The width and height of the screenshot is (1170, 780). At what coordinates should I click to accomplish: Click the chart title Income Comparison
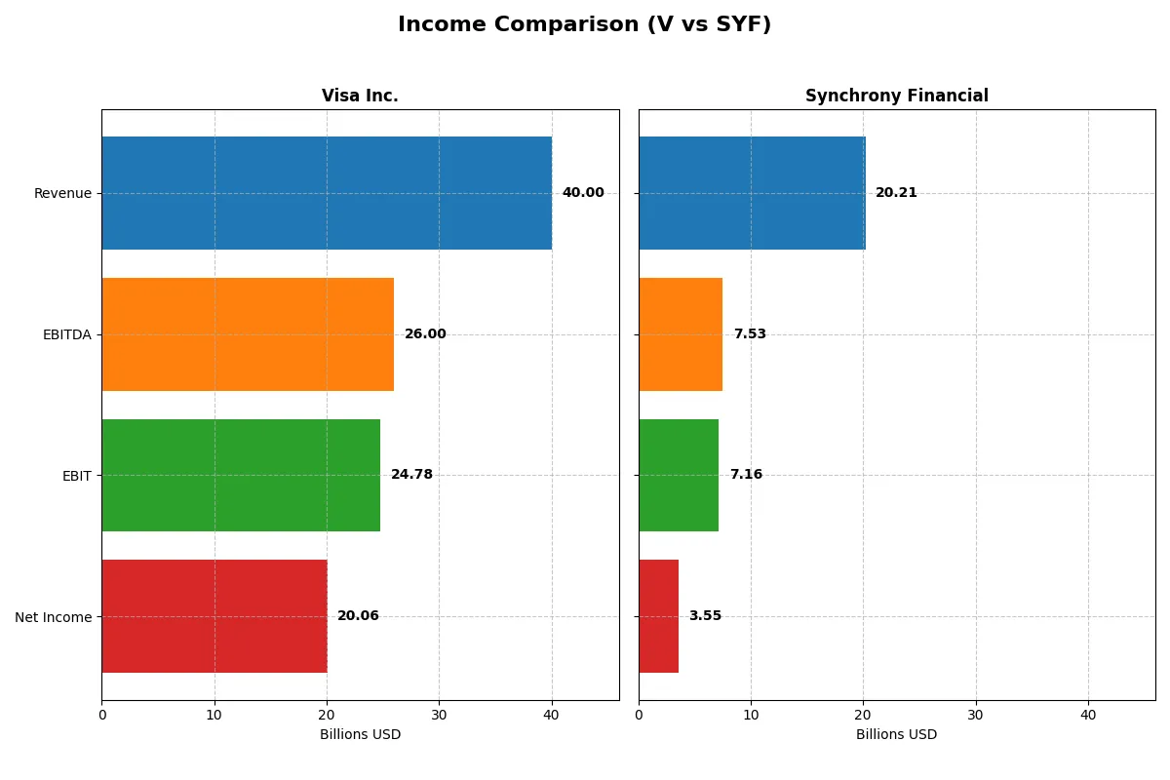584,25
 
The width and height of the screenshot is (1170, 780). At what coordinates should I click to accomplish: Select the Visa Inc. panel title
360,96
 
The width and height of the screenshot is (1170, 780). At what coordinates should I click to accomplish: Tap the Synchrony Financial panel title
896,96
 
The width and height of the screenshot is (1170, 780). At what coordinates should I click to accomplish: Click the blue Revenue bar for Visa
327,193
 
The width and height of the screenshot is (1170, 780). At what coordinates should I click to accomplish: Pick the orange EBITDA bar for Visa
248,334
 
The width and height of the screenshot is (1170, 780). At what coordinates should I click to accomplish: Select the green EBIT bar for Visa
241,475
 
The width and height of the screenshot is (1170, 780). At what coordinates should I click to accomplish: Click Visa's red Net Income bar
214,616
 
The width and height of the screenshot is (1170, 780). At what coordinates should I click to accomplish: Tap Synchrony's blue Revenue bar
752,193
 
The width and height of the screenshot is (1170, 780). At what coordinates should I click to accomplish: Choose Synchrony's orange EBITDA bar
681,334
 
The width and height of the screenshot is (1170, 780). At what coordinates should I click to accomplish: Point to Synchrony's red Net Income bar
659,616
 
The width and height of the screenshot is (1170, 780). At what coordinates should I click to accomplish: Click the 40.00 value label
583,193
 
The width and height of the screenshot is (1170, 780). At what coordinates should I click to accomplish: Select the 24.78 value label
411,475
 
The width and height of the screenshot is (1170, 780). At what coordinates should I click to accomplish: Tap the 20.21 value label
896,193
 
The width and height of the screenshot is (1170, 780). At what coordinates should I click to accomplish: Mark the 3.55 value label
705,616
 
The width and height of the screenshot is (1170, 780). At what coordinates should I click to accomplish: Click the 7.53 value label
750,334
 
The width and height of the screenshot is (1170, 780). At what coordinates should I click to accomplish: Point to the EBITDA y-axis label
66,334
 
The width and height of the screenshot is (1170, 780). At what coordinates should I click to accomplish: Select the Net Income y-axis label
54,617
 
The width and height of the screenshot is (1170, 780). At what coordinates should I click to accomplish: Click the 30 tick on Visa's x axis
439,715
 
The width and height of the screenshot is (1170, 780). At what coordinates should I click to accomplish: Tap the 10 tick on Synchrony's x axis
751,715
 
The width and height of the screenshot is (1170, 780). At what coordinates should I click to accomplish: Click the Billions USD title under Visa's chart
360,735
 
